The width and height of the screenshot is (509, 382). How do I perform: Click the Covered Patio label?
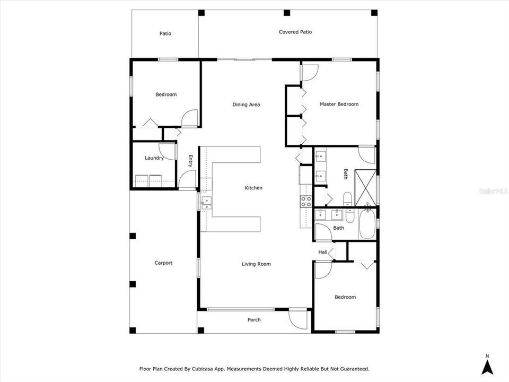[295, 32]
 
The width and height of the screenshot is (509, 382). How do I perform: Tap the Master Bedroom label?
[339, 105]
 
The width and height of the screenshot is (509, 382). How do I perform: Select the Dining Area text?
[246, 105]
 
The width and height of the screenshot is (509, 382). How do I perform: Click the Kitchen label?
[253, 188]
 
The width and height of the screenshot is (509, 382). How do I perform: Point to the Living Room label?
[256, 264]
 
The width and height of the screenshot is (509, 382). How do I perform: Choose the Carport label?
[163, 263]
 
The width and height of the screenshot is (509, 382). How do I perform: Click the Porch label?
[254, 320]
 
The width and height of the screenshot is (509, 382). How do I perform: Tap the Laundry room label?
[154, 158]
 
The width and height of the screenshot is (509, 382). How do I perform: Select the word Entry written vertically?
[191, 161]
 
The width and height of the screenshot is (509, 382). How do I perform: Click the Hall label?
[322, 252]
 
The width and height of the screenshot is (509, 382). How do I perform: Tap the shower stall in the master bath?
[365, 186]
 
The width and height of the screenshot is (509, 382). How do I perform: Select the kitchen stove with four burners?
[306, 202]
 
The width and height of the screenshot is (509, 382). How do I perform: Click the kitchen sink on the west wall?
[206, 201]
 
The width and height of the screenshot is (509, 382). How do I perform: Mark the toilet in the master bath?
[347, 199]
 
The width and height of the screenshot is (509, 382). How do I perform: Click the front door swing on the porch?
[298, 319]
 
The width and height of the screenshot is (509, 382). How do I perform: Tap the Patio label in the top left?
[165, 34]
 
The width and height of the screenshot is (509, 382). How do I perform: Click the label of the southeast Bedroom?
[345, 298]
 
